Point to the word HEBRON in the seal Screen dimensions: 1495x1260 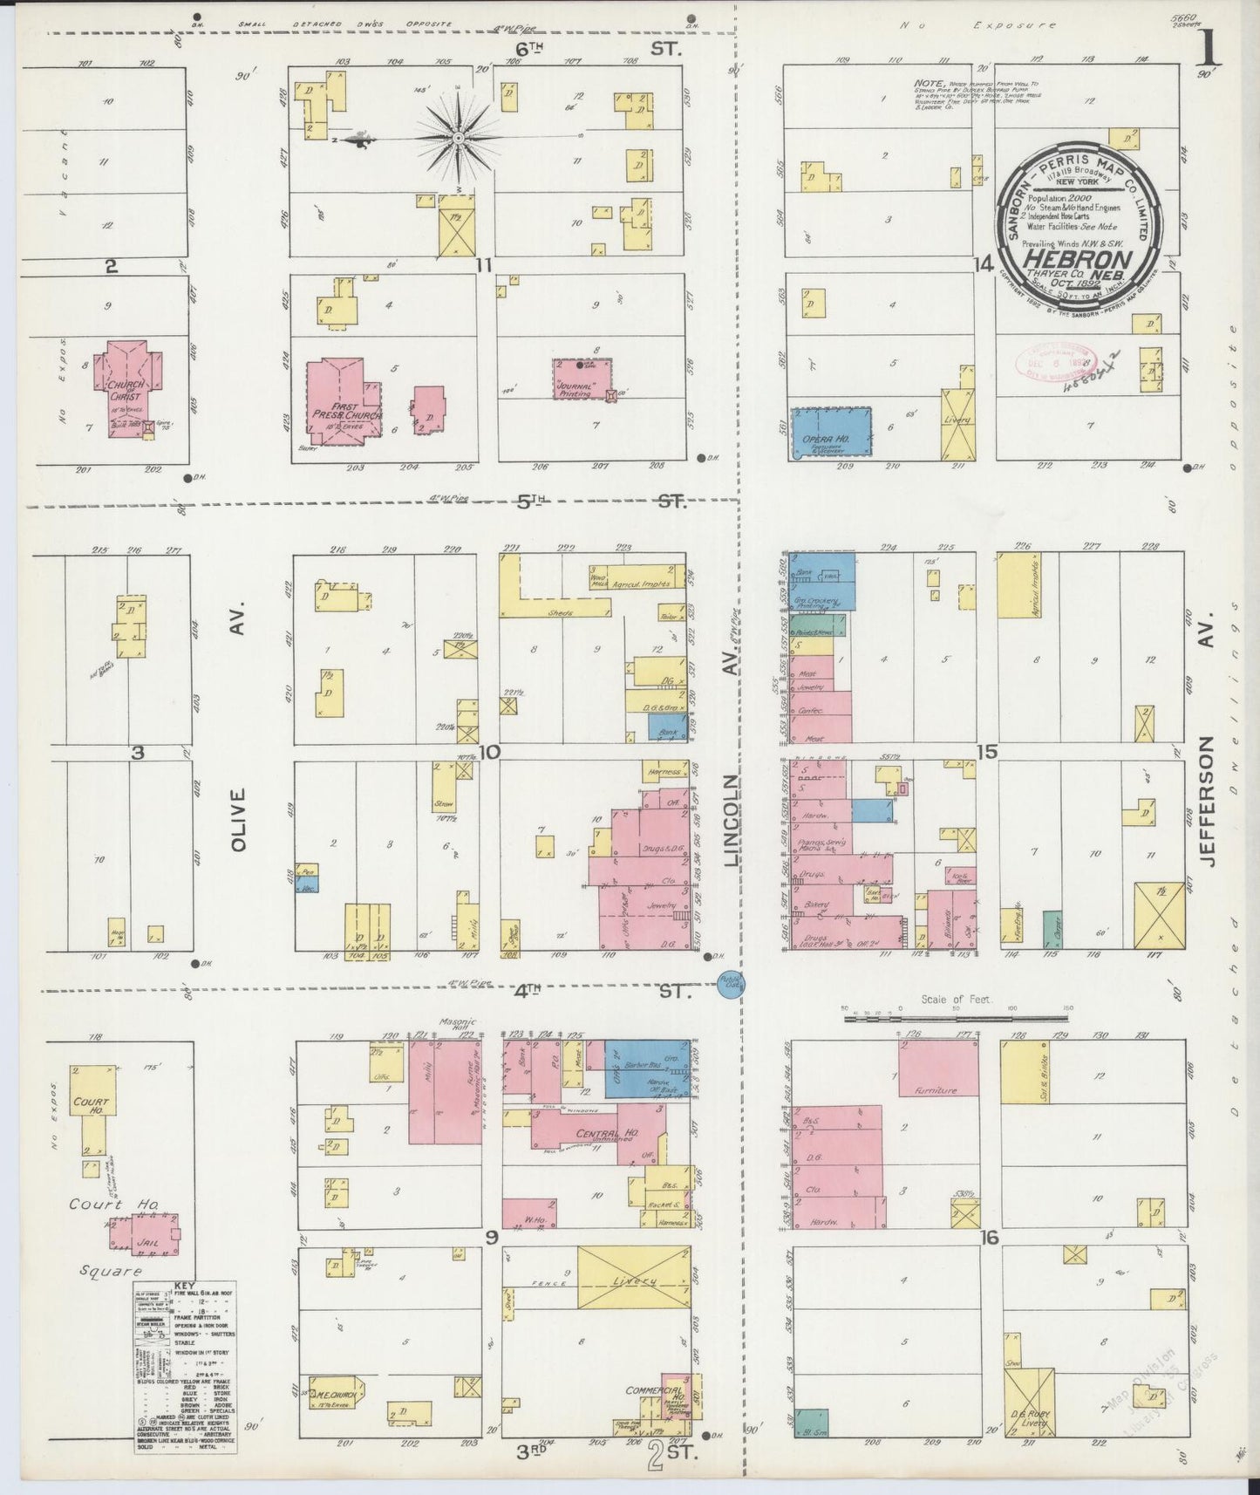(1078, 260)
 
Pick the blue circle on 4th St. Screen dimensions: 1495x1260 (728, 985)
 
